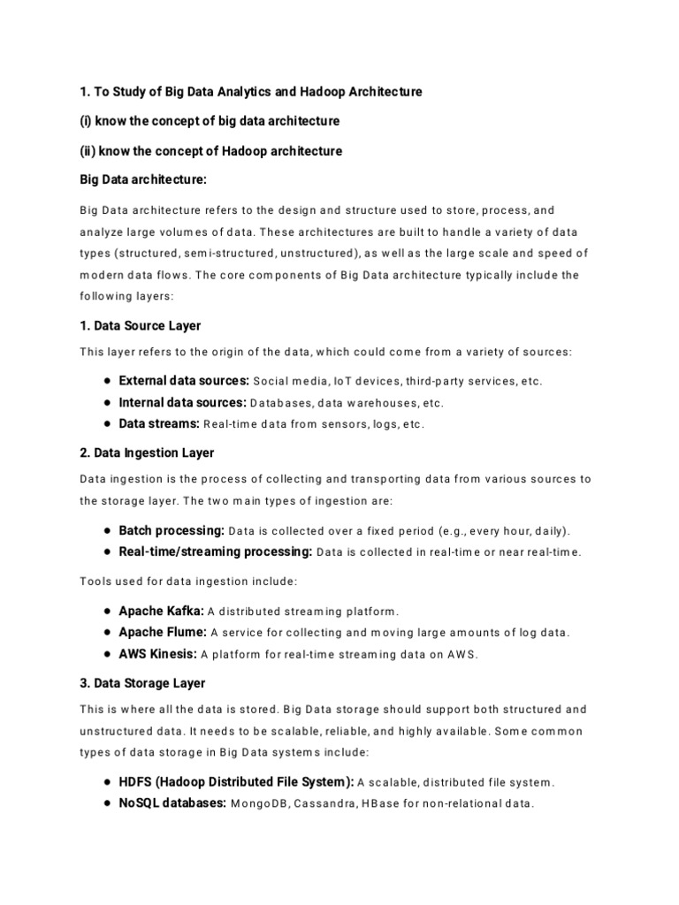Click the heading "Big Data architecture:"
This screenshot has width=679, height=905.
coord(142,180)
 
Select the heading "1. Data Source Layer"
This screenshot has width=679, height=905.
coord(140,326)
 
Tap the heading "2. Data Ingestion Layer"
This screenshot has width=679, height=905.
coord(147,452)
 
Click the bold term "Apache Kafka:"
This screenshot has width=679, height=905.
coord(161,611)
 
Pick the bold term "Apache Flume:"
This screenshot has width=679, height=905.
coord(163,633)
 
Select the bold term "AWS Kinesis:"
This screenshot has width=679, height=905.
coord(157,655)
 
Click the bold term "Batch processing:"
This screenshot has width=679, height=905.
coord(172,531)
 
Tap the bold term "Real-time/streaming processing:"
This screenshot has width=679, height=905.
coord(215,552)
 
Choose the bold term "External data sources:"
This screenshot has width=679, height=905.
coord(184,381)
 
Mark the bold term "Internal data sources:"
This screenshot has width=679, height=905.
coord(182,402)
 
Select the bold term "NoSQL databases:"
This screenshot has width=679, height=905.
coord(172,804)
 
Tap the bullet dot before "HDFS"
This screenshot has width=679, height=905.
coord(106,782)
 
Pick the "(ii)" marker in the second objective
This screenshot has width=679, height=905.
coord(88,151)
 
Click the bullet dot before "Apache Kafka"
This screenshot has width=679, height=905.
coord(106,612)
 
